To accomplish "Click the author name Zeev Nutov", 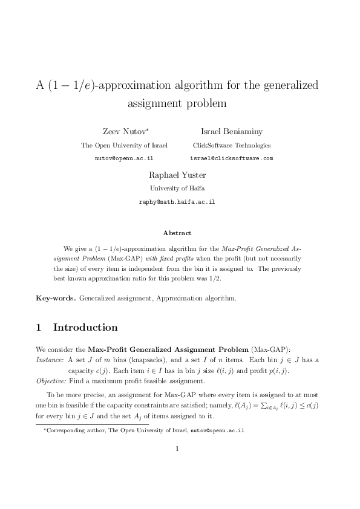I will [x=127, y=132].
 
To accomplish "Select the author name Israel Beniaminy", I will [x=232, y=132].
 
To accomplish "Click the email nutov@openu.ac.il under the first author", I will [x=124, y=158].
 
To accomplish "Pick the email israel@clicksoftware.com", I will [x=232, y=158].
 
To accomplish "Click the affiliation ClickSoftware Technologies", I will [x=232, y=145].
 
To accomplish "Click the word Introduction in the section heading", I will [x=85, y=328].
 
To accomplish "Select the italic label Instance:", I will [x=50, y=360].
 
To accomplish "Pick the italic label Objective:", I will [x=51, y=382].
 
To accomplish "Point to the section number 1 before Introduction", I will [x=39, y=328].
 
